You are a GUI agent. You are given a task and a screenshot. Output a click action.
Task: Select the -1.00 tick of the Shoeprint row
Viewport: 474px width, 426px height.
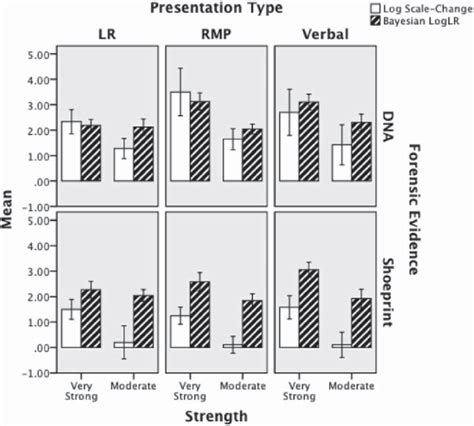[40, 373]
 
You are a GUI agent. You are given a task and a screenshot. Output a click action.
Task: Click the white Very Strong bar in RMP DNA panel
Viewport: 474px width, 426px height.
[180, 136]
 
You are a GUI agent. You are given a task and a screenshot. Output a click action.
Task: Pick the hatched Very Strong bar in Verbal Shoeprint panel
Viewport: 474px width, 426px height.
[310, 308]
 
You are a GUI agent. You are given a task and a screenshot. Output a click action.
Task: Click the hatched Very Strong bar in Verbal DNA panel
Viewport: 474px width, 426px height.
[310, 141]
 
